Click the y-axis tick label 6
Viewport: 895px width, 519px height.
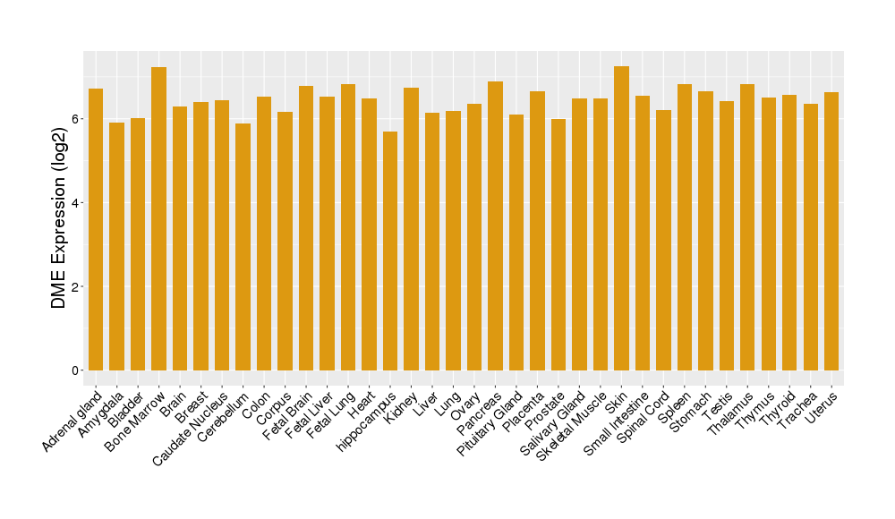click(77, 119)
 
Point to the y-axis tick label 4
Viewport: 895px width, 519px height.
click(77, 203)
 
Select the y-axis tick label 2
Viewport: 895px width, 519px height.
click(77, 286)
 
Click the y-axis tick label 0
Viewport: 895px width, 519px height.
click(77, 370)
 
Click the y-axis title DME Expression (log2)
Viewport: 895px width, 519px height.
click(59, 218)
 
